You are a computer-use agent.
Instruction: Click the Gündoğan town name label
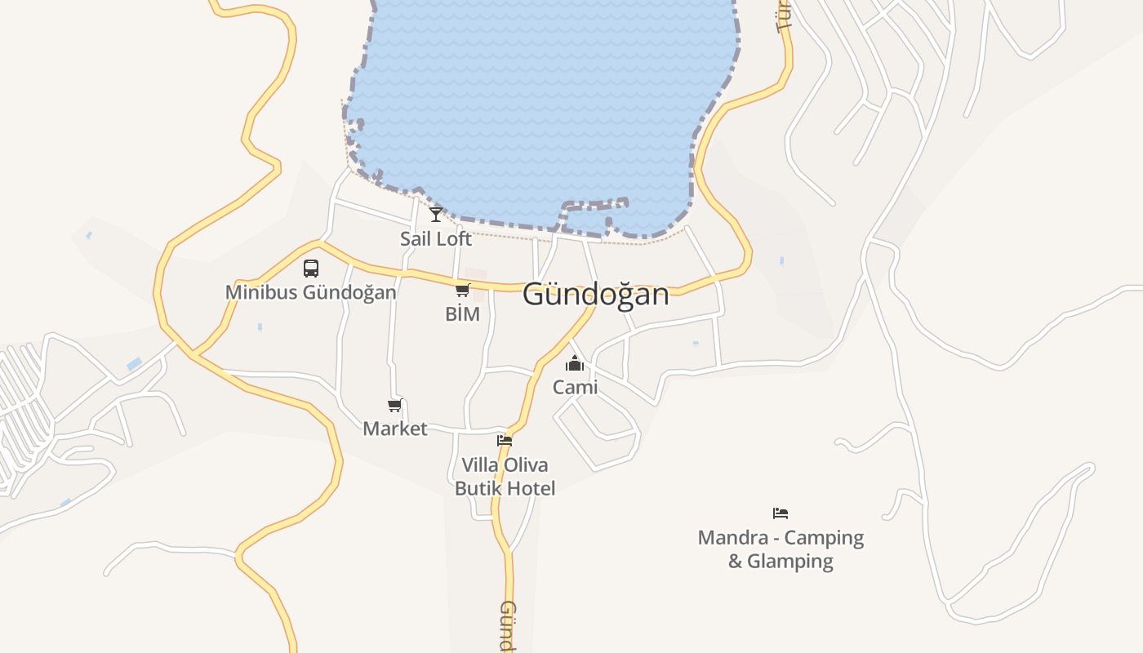(x=595, y=294)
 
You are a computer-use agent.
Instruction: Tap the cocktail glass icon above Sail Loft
(x=436, y=215)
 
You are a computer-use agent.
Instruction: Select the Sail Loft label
(x=436, y=238)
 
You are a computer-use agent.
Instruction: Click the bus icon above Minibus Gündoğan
(x=311, y=268)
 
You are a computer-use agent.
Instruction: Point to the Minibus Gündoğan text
(x=311, y=291)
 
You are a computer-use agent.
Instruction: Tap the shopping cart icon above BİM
(x=463, y=290)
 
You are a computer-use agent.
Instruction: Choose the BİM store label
(x=462, y=313)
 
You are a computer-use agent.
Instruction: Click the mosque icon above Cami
(x=576, y=363)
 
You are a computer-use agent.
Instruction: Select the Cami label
(x=576, y=387)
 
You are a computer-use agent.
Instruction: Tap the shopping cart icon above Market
(x=395, y=405)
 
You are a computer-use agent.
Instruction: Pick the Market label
(x=395, y=429)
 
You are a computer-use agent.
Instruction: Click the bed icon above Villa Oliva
(x=505, y=441)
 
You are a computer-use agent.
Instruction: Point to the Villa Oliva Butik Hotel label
(x=505, y=477)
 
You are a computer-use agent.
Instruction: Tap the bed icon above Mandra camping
(x=781, y=513)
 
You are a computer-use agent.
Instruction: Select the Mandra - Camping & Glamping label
(x=781, y=549)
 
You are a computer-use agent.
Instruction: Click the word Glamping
(x=790, y=562)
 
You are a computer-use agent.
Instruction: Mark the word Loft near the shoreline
(x=454, y=238)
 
